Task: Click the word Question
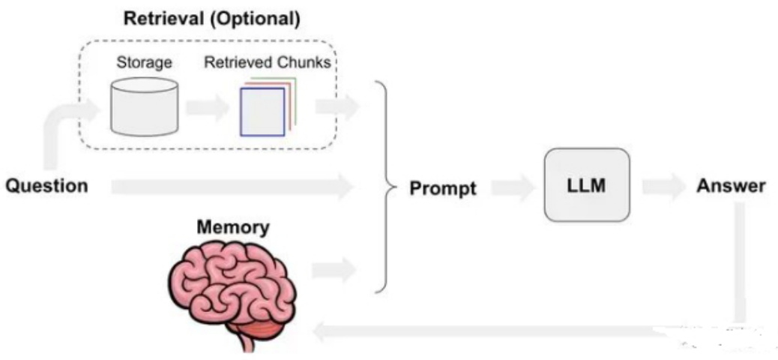click(x=46, y=186)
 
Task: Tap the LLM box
click(x=587, y=184)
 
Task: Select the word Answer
click(x=731, y=186)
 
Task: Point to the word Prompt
click(x=442, y=188)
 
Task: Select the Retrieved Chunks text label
click(x=267, y=63)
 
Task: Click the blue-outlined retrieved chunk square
click(x=262, y=112)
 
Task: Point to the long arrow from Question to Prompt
click(x=232, y=186)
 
